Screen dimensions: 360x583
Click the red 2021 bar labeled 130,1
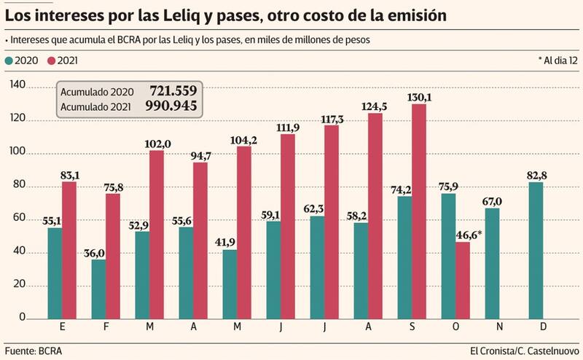418,211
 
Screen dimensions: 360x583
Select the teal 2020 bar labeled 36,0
98,289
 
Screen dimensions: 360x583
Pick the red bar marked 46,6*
462,280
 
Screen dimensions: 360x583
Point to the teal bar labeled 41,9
230,284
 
